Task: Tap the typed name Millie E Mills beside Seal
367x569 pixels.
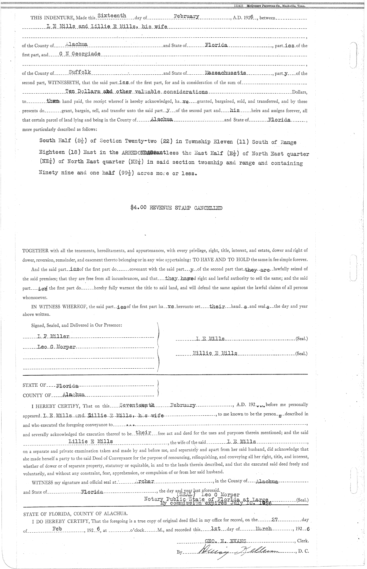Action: pos(215,353)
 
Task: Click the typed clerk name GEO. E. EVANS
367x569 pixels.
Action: pos(227,541)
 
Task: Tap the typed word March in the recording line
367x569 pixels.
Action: pos(263,529)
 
